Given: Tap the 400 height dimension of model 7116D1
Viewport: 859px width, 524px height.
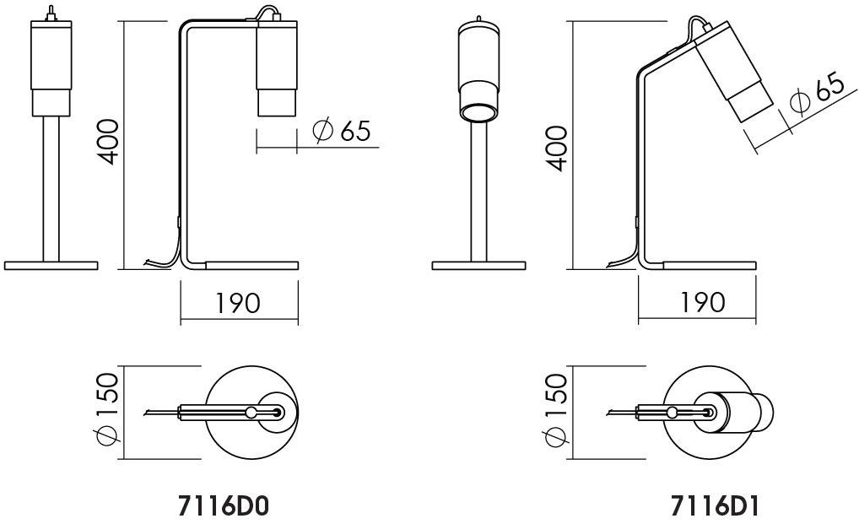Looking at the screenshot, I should tap(555, 148).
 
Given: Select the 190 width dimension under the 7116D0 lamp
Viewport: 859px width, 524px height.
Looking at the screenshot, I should tap(238, 302).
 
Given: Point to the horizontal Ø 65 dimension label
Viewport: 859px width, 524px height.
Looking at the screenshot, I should tap(341, 132).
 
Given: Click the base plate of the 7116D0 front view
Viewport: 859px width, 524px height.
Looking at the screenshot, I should tap(51, 264).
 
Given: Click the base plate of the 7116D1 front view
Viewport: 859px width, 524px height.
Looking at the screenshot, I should tap(478, 264).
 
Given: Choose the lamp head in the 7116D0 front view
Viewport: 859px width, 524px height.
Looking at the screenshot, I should tap(51, 68).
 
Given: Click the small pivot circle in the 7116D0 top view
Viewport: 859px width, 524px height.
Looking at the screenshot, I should tap(251, 412).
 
